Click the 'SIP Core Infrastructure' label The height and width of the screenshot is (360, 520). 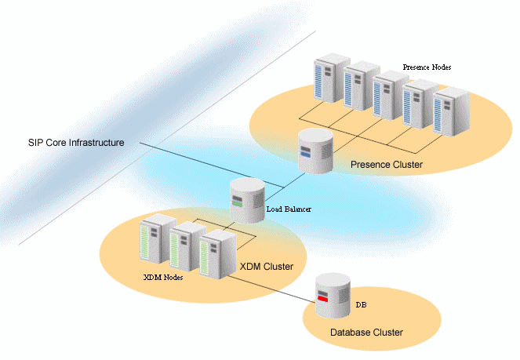tap(75, 143)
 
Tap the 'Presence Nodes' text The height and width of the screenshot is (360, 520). tap(427, 67)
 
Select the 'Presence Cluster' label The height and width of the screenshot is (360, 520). tap(387, 165)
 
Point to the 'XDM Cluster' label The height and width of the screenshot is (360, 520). tap(267, 267)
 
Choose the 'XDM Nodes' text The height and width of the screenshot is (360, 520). tap(163, 278)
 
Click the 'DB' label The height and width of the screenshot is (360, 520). tap(360, 303)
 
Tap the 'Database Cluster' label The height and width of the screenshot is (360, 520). tap(367, 333)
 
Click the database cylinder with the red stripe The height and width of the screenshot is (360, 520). tap(332, 296)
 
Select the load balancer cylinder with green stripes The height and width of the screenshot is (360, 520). tap(245, 201)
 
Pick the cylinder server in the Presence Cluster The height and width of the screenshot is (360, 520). tap(315, 151)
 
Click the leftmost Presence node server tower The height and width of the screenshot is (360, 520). tap(329, 78)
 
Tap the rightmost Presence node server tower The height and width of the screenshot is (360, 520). tap(450, 113)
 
